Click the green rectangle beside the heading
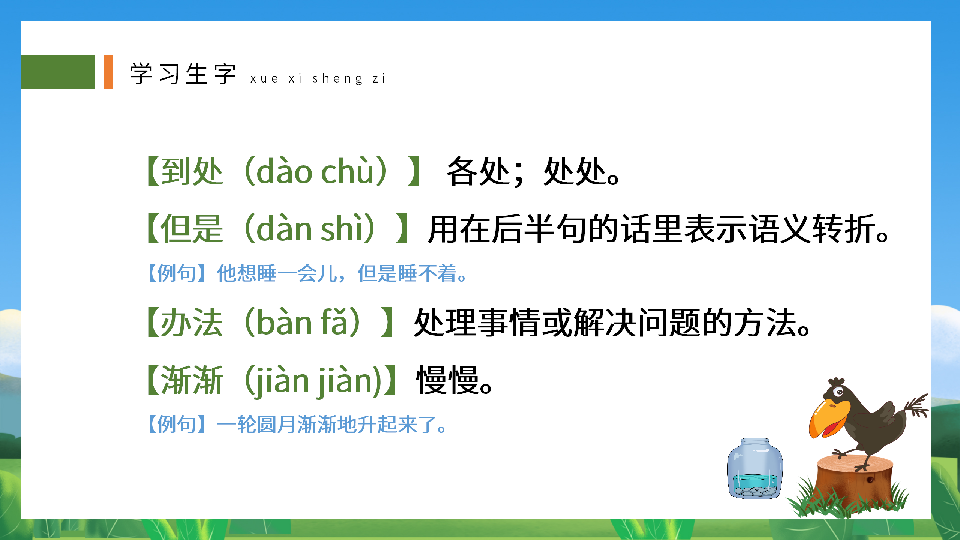pos(58,72)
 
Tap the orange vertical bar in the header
pos(108,72)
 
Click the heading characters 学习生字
pos(183,74)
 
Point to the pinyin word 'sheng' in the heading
pos(337,78)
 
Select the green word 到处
pos(192,171)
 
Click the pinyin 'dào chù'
pos(316,171)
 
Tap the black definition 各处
pos(478,171)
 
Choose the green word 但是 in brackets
pos(192,229)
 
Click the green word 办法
pos(192,322)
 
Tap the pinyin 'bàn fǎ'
pos(302,322)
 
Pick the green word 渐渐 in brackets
pos(192,380)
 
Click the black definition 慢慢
pos(448,380)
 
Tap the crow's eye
pos(839,392)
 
